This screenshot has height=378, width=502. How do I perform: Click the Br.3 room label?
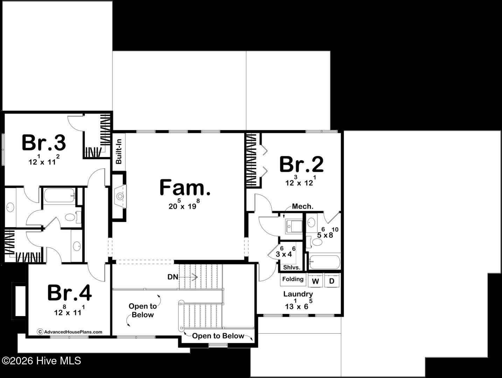[x=44, y=143]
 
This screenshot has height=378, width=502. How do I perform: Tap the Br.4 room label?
[x=70, y=293]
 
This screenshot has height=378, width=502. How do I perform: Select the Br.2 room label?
[x=301, y=164]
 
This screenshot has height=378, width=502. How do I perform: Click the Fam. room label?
[x=185, y=188]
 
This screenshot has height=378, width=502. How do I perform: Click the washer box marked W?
[x=315, y=281]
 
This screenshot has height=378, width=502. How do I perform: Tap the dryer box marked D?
[x=332, y=281]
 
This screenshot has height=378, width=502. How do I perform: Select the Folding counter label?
[x=293, y=279]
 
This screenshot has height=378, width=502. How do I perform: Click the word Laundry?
[x=298, y=294]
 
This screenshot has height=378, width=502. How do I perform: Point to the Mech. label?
[x=302, y=206]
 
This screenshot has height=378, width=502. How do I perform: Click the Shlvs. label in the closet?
[x=292, y=267]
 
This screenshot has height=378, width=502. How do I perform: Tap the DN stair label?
[x=173, y=277]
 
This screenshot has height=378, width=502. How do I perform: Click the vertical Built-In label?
[x=119, y=152]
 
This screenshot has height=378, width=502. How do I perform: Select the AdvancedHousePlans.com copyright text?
[x=70, y=332]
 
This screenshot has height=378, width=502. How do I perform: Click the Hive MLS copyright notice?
[x=41, y=361]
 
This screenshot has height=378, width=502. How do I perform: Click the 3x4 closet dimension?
[x=286, y=252]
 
